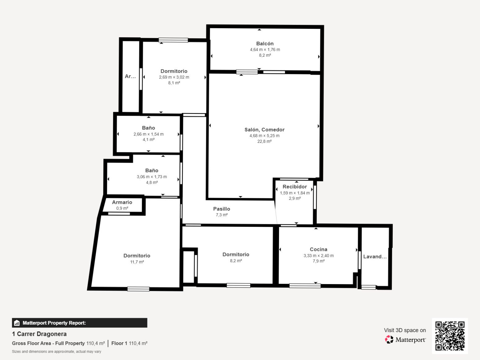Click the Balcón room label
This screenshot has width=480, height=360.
click(265, 43)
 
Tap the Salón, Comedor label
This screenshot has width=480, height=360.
click(264, 130)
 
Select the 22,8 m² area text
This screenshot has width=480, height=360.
click(264, 141)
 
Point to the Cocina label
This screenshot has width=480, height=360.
click(318, 249)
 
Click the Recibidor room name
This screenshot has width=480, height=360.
click(295, 187)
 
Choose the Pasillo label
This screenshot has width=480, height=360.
click(221, 209)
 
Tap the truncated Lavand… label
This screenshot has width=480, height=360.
click(375, 257)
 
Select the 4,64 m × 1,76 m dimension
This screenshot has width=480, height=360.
click(265, 50)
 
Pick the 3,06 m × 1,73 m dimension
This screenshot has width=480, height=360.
click(152, 177)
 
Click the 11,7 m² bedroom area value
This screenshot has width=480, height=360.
click(137, 262)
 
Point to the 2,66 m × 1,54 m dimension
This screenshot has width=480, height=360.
click(148, 134)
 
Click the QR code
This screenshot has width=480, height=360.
click(450, 336)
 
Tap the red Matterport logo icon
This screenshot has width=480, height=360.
click(389, 340)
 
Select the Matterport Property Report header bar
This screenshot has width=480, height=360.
click(80, 323)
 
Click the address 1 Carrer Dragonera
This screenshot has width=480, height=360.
click(39, 334)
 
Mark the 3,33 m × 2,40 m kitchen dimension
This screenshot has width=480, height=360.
click(318, 256)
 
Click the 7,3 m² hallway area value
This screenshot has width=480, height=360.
click(221, 215)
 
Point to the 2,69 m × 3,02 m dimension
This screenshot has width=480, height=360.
click(174, 77)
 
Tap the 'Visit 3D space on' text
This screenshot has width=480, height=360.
click(405, 330)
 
